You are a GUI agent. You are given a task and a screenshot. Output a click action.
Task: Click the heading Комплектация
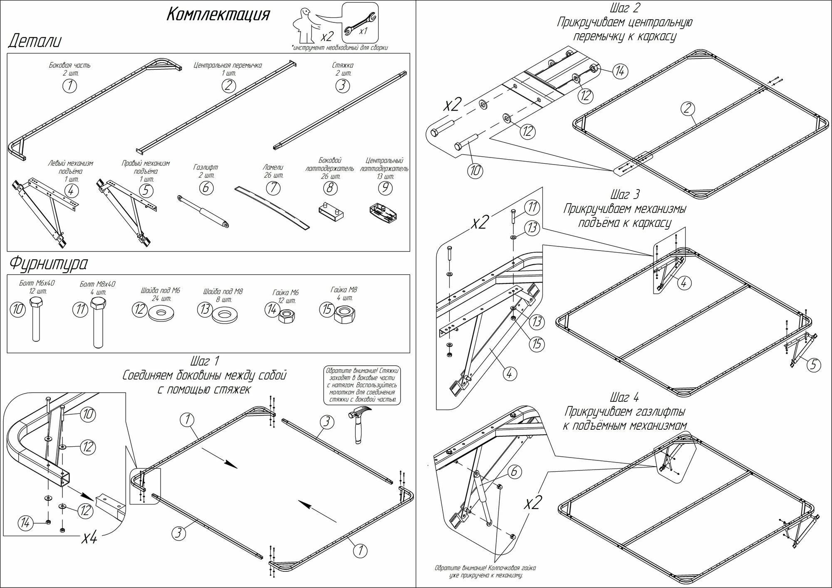(218, 15)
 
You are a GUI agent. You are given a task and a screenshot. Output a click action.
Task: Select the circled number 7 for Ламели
(273, 188)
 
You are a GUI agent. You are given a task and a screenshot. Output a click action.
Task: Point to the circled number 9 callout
(385, 188)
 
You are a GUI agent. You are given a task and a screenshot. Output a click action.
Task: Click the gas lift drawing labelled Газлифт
(204, 212)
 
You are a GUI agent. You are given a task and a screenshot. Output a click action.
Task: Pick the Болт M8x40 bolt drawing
(98, 322)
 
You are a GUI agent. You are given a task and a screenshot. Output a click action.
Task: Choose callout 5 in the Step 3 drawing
(814, 365)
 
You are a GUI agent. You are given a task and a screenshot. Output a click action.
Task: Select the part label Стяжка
(343, 65)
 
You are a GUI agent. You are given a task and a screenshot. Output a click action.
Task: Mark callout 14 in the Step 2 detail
(619, 71)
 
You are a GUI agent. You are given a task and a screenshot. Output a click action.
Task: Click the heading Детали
(35, 42)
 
